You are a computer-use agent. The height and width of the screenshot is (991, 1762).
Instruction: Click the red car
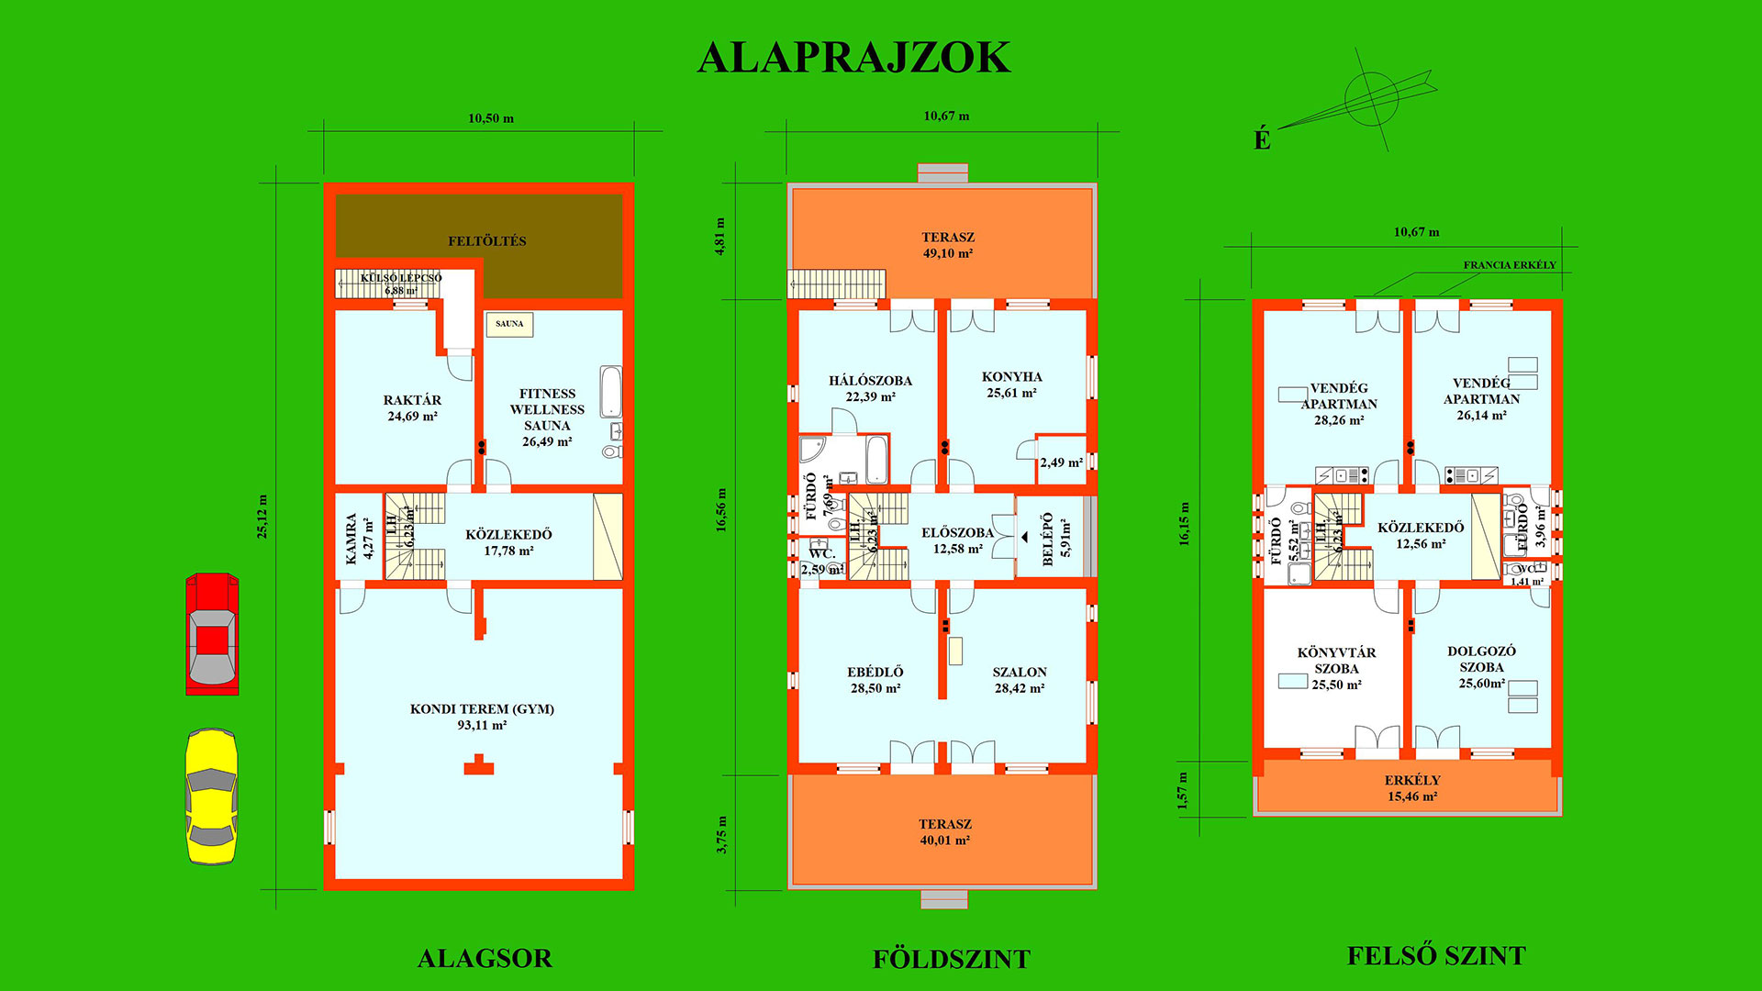[212, 634]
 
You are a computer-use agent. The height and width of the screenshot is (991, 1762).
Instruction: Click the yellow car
[212, 796]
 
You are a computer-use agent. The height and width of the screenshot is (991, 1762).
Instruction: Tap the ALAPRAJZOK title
[853, 58]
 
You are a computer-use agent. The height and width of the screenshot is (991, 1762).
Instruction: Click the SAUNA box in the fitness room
[509, 324]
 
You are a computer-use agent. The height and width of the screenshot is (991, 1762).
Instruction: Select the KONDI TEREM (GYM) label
[482, 717]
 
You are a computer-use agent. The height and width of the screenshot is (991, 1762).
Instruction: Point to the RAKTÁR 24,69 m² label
[412, 408]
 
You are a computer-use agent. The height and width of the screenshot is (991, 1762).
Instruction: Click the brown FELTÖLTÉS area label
[486, 241]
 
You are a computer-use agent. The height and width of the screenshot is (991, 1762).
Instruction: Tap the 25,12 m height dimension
[262, 517]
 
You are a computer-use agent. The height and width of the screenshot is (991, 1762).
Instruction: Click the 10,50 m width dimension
[491, 118]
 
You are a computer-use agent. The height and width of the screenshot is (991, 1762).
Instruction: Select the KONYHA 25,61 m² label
[1011, 384]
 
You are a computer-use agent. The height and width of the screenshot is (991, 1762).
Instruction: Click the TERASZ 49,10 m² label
[948, 245]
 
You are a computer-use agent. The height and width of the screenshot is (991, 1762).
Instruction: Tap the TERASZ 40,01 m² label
[944, 832]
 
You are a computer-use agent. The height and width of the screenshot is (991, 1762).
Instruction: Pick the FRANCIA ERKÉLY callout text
[1510, 265]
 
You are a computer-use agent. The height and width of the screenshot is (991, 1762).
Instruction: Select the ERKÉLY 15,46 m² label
[1411, 788]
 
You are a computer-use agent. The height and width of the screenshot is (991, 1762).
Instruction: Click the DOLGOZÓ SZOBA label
[1481, 667]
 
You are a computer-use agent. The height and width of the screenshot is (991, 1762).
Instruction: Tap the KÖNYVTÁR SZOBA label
[1336, 668]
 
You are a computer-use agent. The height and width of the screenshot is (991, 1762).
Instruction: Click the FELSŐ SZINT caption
[1435, 956]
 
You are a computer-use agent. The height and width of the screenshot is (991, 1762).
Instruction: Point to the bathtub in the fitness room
[611, 392]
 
